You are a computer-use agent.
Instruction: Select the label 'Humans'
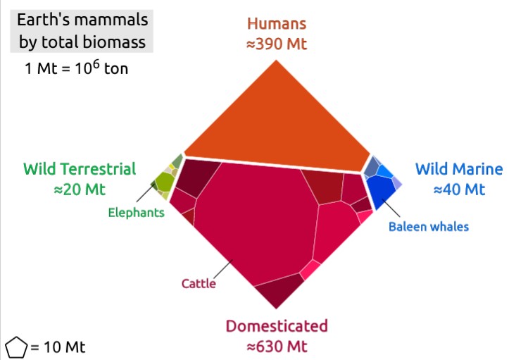point(277,24)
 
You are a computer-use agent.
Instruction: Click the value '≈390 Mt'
point(277,44)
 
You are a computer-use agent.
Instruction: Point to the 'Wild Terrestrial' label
point(80,169)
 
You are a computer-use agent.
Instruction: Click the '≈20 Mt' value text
point(80,190)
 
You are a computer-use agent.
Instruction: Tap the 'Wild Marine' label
point(459,169)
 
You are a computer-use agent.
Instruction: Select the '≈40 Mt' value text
point(459,190)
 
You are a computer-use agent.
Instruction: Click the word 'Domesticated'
point(277,326)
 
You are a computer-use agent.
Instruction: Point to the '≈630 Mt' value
point(277,347)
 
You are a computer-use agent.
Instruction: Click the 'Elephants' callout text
point(136,212)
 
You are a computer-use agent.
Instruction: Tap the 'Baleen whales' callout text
point(429,226)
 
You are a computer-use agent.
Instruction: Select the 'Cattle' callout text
point(199,284)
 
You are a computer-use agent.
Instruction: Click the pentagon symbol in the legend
point(16,347)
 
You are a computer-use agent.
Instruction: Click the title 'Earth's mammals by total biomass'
point(82,30)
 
